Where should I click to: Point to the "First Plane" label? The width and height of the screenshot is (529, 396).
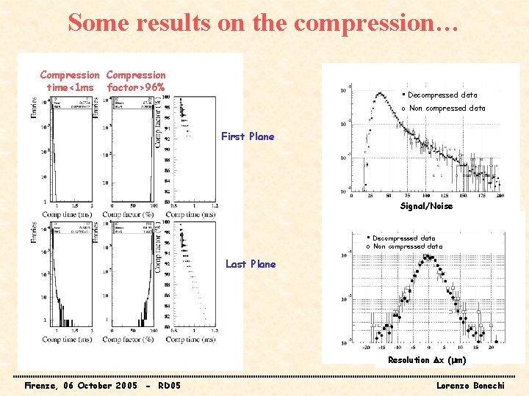pyautogui.click(x=248, y=136)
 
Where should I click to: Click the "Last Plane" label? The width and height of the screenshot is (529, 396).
pyautogui.click(x=251, y=264)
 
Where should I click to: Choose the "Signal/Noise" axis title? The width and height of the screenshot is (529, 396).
pyautogui.click(x=426, y=207)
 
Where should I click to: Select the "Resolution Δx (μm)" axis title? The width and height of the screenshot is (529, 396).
pyautogui.click(x=427, y=360)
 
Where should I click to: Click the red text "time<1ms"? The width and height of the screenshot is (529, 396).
pyautogui.click(x=70, y=88)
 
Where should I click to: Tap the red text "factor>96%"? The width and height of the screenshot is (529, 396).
pyautogui.click(x=136, y=88)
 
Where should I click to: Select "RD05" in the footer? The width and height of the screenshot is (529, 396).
pyautogui.click(x=170, y=386)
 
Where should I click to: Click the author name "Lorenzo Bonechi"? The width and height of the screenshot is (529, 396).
pyautogui.click(x=469, y=386)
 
